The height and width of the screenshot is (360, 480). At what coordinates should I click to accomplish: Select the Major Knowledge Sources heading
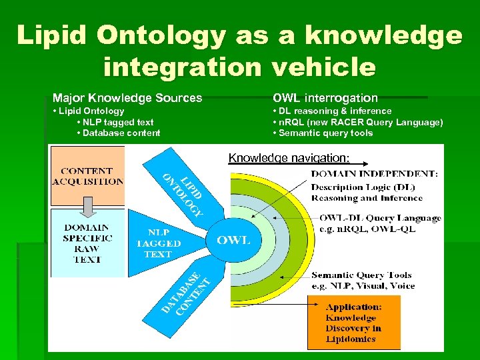pyautogui.click(x=127, y=98)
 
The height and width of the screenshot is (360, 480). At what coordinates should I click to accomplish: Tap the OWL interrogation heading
pyautogui.click(x=325, y=98)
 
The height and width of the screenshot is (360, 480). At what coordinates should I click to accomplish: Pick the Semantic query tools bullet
pyautogui.click(x=323, y=133)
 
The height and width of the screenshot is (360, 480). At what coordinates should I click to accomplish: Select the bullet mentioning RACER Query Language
pyautogui.click(x=357, y=122)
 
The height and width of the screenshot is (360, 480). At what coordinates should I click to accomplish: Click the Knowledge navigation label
pyautogui.click(x=289, y=158)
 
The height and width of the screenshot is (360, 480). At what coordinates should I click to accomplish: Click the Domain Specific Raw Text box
pyautogui.click(x=87, y=243)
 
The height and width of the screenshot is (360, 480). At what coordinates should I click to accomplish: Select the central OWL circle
pyautogui.click(x=233, y=240)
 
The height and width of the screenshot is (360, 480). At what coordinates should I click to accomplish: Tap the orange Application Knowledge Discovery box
pyautogui.click(x=354, y=323)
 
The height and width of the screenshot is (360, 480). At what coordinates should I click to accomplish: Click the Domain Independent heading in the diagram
pyautogui.click(x=374, y=174)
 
